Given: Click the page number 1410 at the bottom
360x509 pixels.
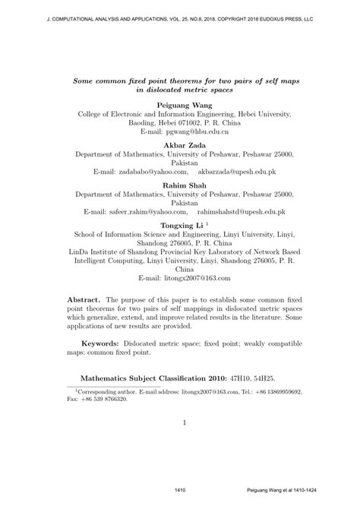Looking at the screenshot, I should click(181, 489).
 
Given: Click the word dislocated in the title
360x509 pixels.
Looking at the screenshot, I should click(162, 88).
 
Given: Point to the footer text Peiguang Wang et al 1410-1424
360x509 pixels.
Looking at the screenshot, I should click(297, 489).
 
